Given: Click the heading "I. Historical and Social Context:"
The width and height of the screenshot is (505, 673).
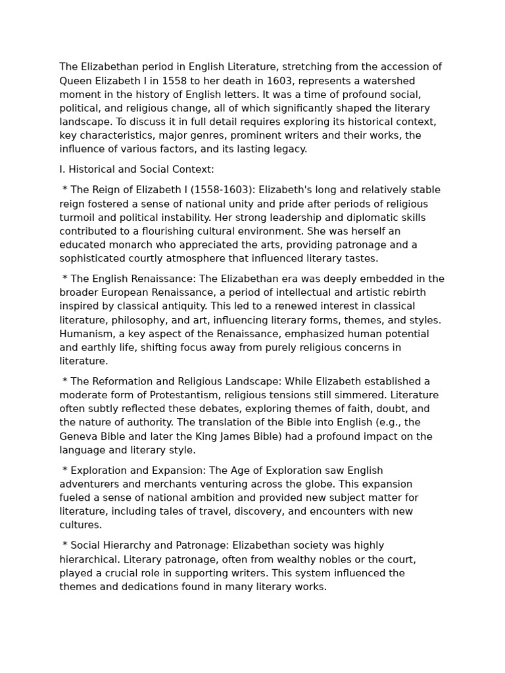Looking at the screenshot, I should [137, 170].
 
